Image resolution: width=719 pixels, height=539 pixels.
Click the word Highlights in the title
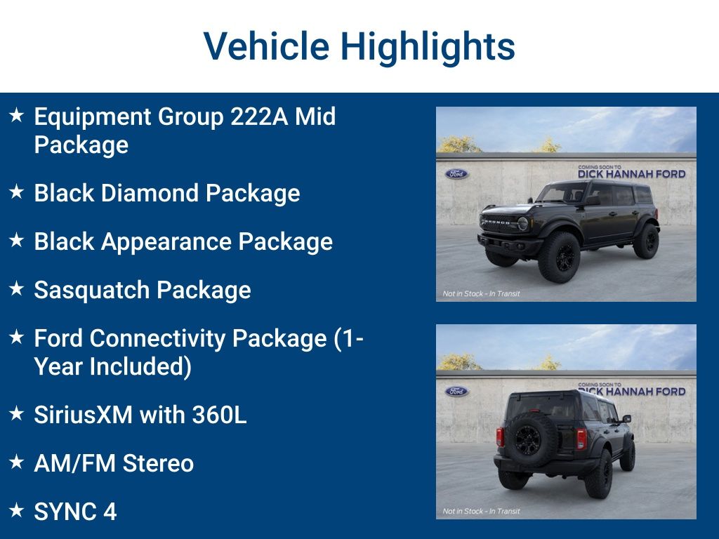click(428, 46)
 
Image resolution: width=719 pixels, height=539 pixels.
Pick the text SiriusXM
click(83, 415)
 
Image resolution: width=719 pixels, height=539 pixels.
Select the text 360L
click(219, 415)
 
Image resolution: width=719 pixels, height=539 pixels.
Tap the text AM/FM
click(75, 463)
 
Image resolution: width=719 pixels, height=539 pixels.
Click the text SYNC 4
click(75, 512)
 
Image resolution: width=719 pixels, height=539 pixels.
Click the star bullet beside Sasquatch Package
click(17, 288)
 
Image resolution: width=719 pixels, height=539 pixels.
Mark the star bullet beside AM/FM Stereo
click(17, 462)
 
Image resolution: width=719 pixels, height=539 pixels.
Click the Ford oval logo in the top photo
click(456, 174)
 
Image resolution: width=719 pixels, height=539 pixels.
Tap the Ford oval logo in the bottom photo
click(456, 392)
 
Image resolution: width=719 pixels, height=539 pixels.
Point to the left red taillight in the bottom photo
click(500, 437)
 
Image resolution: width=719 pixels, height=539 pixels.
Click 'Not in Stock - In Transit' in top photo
click(481, 293)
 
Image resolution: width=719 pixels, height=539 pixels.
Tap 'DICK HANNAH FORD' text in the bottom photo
click(631, 392)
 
